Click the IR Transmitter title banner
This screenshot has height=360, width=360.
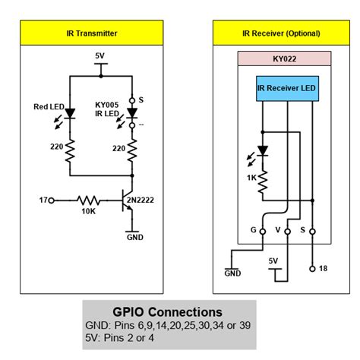click(x=93, y=33)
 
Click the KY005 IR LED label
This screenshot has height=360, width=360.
click(x=108, y=108)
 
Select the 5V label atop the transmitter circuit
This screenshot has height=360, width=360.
click(x=100, y=55)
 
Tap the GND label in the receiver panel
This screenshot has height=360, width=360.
click(x=234, y=273)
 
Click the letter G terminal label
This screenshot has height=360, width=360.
click(x=252, y=228)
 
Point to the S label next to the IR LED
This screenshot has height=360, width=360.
click(x=142, y=99)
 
